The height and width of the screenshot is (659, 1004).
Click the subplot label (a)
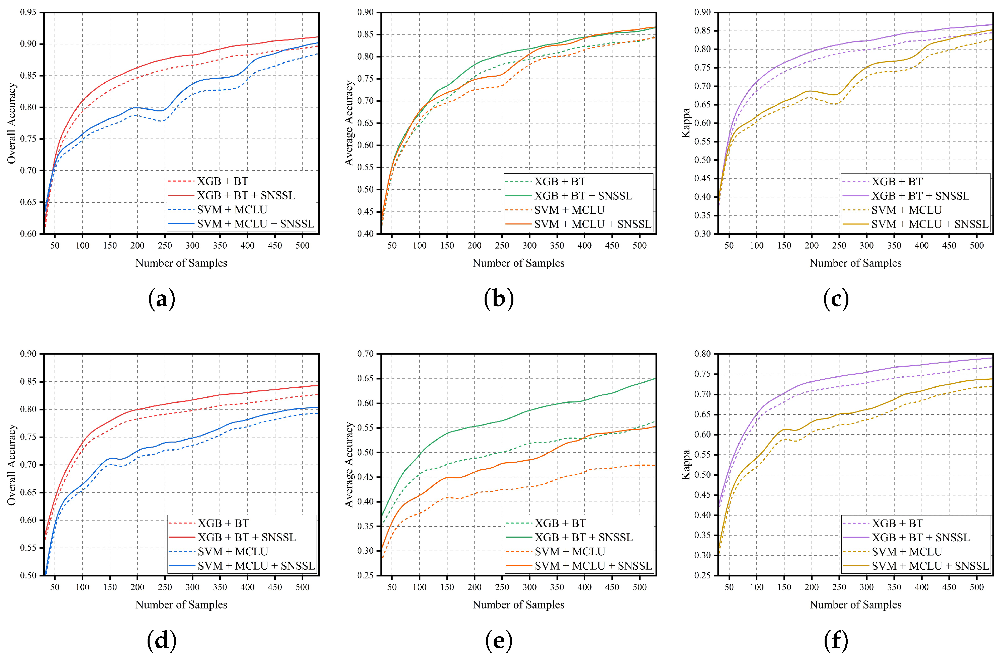[162, 300]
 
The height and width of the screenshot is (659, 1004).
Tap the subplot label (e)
[499, 641]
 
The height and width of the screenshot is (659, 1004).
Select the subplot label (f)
[836, 641]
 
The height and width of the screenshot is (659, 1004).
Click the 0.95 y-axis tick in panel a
[28, 12]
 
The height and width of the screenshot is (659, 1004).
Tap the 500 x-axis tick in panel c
[977, 246]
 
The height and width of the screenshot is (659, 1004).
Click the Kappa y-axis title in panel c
[686, 123]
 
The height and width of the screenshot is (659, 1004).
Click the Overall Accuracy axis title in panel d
[11, 465]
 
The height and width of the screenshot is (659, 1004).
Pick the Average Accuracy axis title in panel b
[348, 123]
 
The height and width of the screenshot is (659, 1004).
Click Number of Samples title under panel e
[518, 604]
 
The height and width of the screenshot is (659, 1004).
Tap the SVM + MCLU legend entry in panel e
[570, 552]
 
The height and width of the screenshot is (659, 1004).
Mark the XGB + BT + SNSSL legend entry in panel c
[920, 196]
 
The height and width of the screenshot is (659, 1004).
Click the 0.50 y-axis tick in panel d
[28, 575]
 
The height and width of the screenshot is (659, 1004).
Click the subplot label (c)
[836, 300]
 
